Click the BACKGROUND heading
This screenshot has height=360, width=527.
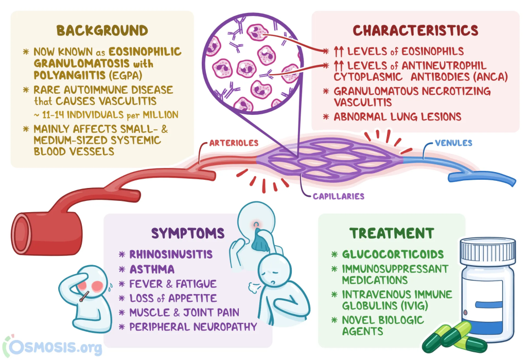pos(102,30)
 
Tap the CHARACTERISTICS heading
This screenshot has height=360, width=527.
pos(415,30)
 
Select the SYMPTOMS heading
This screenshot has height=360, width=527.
pos(188,233)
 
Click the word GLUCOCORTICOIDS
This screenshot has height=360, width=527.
pos(393,254)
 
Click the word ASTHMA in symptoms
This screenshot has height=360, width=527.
pos(152,269)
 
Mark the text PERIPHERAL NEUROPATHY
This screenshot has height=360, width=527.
pos(194,327)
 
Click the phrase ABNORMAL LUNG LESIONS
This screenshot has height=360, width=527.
pos(397,116)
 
